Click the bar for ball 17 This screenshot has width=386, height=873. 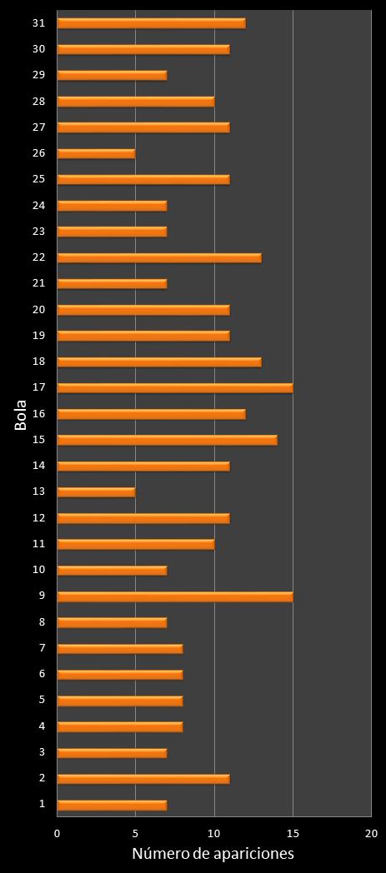(175, 387)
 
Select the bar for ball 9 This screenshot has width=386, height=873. (175, 596)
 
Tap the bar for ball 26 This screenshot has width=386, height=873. (96, 153)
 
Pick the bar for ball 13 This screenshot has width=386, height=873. (96, 491)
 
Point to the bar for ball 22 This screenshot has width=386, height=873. (159, 257)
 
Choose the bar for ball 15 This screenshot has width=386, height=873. (167, 440)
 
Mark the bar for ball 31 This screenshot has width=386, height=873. (151, 23)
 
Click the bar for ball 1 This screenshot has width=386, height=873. (112, 805)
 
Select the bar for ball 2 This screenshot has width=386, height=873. (143, 779)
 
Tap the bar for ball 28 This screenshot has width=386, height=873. (136, 102)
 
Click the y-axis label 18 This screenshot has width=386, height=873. (39, 362)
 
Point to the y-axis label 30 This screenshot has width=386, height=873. (39, 49)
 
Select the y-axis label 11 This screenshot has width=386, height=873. (39, 544)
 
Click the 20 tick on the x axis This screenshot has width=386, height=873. (371, 833)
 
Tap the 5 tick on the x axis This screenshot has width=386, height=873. (136, 833)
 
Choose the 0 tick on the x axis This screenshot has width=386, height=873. (58, 833)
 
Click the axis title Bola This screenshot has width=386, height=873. (21, 416)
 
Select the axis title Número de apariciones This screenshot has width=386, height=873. (213, 855)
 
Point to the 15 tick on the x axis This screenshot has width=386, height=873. (293, 833)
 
